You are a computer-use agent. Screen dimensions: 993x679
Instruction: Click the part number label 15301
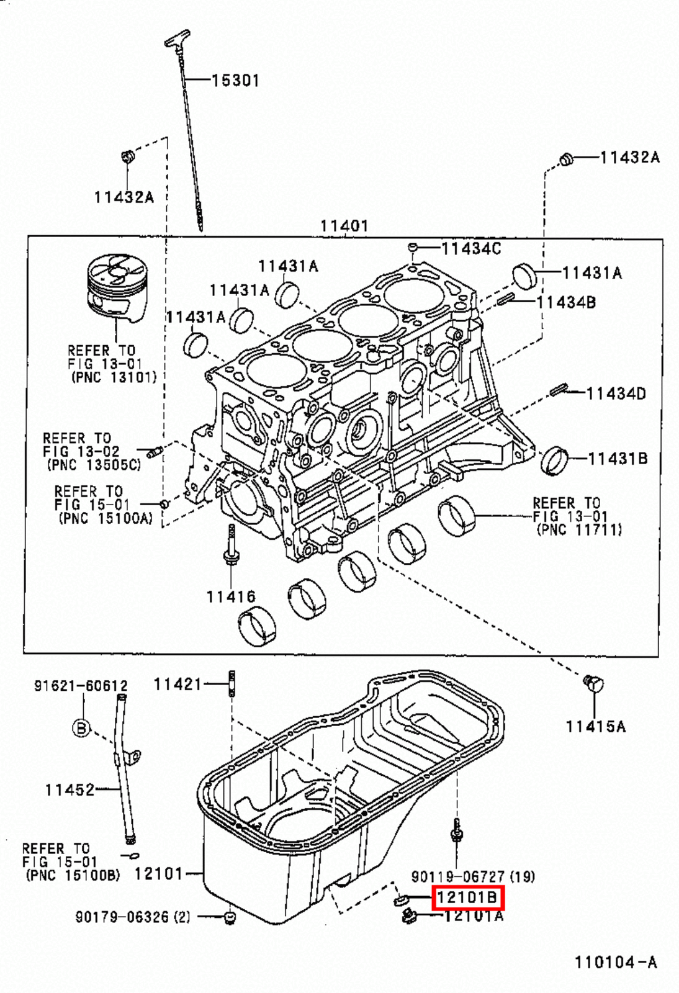point(235,81)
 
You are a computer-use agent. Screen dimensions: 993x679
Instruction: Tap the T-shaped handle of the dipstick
point(176,38)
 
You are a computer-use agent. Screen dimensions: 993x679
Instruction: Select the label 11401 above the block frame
point(344,226)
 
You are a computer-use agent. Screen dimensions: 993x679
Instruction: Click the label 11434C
point(471,249)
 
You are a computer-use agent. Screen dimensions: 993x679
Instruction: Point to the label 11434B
point(565,302)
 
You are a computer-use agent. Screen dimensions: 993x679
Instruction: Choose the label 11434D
point(616,393)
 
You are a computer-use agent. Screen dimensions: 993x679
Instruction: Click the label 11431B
point(618,459)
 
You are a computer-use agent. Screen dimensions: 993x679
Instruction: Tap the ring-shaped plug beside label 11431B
point(554,460)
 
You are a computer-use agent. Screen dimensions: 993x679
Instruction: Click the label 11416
point(231,597)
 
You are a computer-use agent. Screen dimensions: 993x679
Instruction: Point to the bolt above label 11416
point(231,546)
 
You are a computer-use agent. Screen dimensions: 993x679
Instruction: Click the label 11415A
point(595,726)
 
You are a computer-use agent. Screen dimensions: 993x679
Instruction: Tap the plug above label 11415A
point(594,684)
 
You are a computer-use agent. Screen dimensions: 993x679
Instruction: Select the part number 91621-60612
point(81,686)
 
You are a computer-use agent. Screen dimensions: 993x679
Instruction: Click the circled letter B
point(82,728)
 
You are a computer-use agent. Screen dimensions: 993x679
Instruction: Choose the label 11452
point(70,790)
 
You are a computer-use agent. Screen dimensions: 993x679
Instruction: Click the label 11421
point(178,684)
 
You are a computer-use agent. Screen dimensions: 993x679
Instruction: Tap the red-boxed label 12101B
point(467,897)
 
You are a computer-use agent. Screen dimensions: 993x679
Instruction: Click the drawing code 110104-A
point(615,963)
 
